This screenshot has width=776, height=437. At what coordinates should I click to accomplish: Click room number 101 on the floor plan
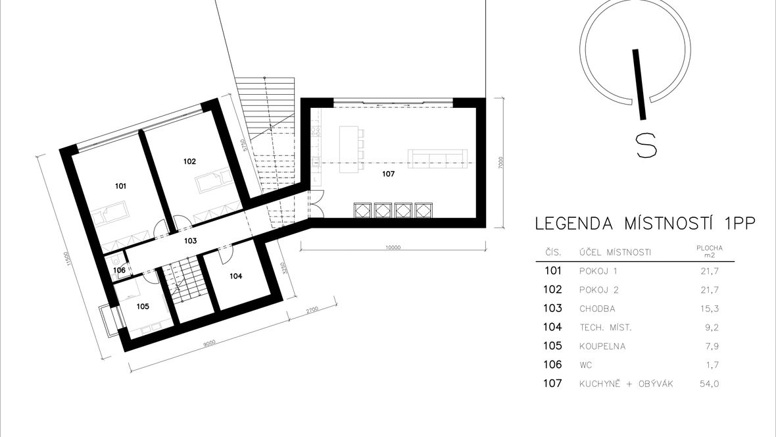click(x=120, y=186)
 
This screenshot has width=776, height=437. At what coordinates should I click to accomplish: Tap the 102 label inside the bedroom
click(x=189, y=161)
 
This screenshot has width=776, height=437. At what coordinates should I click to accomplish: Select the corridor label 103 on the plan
click(x=191, y=241)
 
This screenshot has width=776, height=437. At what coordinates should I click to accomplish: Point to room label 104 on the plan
click(x=235, y=276)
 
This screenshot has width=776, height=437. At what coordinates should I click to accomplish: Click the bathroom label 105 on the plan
click(x=143, y=307)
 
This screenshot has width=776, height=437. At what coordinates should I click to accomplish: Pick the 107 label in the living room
click(x=389, y=174)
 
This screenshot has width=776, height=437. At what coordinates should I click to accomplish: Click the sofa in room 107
click(x=437, y=159)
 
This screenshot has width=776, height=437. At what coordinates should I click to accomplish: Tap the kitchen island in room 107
click(x=349, y=149)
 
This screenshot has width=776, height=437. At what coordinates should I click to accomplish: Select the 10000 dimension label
click(x=393, y=247)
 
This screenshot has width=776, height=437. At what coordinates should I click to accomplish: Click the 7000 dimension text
click(x=501, y=162)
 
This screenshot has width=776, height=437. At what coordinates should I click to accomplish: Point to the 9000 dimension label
click(x=209, y=342)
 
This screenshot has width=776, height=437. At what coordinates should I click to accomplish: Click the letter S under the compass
click(x=646, y=145)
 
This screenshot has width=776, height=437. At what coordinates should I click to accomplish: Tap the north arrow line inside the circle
click(x=639, y=84)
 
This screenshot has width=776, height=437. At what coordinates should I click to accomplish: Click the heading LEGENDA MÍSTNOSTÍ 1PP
click(x=645, y=224)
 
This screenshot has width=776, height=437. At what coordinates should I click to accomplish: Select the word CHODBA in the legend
click(x=597, y=309)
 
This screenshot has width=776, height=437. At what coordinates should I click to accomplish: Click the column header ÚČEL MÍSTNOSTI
click(x=615, y=253)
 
